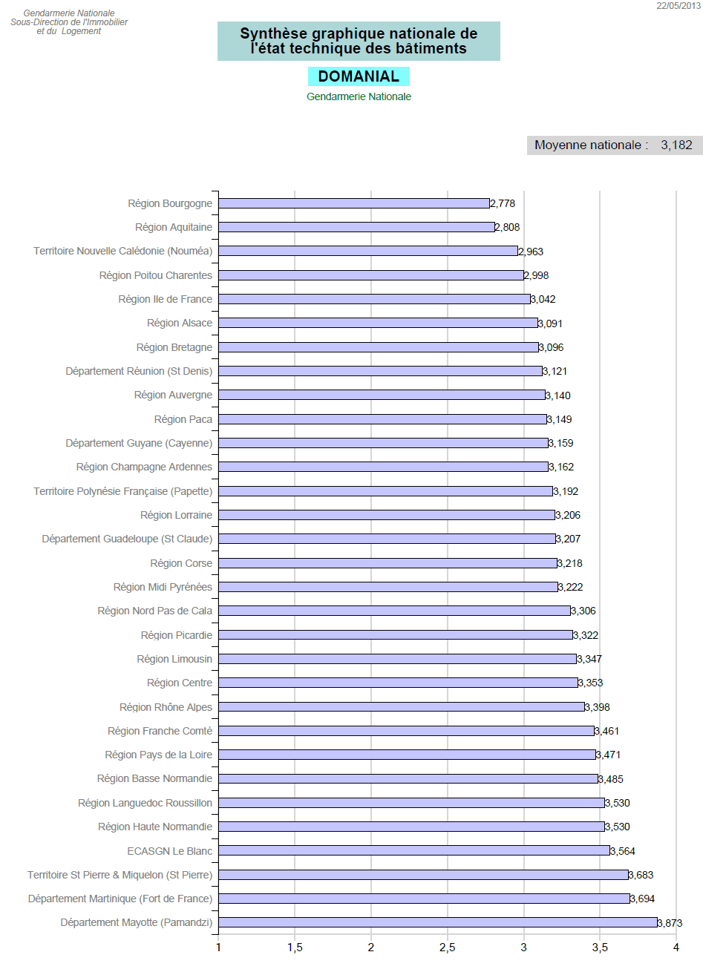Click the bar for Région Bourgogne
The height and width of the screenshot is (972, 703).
354,203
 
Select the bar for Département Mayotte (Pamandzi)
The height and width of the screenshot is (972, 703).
438,922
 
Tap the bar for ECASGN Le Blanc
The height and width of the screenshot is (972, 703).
414,850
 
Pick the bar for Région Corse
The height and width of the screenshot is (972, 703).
388,563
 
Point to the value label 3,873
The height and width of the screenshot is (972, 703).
670,923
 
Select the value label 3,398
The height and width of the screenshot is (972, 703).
598,707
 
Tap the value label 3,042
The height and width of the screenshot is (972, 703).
543,299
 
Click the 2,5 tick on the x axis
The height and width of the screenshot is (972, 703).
448,948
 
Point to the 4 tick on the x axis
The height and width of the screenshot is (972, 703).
676,948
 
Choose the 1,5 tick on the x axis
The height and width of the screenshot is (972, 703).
295,948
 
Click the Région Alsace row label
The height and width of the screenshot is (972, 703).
180,323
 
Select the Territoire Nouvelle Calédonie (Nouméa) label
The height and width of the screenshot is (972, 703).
122,251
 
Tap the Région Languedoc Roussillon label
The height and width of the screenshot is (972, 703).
145,803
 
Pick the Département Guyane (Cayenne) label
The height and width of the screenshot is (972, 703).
139,443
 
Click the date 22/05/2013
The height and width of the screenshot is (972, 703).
678,6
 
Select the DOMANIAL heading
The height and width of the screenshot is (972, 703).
359,76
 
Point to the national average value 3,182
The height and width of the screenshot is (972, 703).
676,145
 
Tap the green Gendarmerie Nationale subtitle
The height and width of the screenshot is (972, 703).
359,96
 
